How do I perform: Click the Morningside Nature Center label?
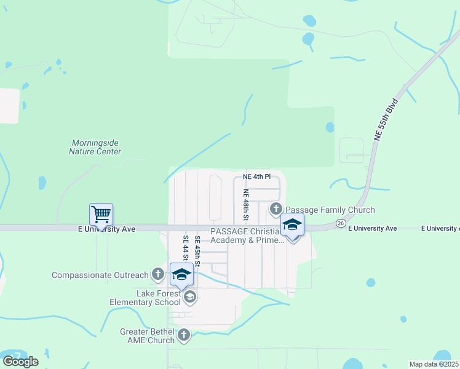pos(95,147)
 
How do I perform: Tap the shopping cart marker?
pos(101,215)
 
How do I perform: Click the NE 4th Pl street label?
pos(257,177)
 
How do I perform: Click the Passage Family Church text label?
pos(330,210)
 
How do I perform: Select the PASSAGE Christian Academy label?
pos(247,236)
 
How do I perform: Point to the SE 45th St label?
pos(197,251)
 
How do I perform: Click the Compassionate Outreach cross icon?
pos(158,275)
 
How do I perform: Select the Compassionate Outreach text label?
pos(100,275)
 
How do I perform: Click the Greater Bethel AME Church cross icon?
pos(184,335)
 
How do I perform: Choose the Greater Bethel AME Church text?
pos(147,336)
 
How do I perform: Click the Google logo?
pos(20,362)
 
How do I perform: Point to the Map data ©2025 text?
pos(434,364)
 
